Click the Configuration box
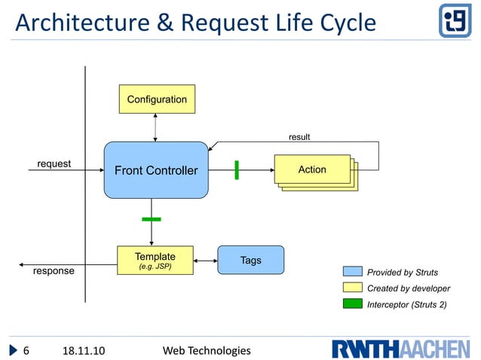click(x=157, y=99)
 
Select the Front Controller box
click(x=155, y=170)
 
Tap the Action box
click(x=312, y=169)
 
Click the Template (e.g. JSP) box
click(x=155, y=260)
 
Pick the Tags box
click(x=251, y=260)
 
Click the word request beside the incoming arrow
click(x=54, y=163)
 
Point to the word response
click(x=54, y=270)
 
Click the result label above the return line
click(x=299, y=137)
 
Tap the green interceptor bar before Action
click(x=237, y=170)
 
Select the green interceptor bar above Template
click(x=152, y=219)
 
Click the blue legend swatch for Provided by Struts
click(x=352, y=272)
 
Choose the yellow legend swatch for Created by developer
click(x=352, y=288)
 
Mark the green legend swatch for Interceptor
click(x=352, y=304)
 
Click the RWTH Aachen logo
click(x=400, y=349)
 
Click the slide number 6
click(x=26, y=350)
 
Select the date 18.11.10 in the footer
click(x=83, y=350)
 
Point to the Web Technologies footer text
click(x=207, y=350)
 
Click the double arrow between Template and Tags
click(x=206, y=261)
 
